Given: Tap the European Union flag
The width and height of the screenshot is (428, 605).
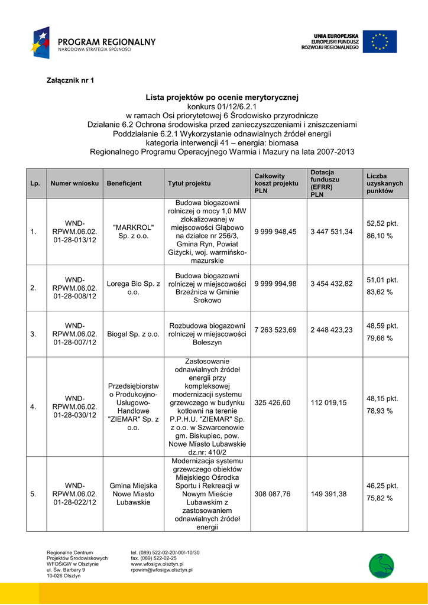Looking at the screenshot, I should point(380,41).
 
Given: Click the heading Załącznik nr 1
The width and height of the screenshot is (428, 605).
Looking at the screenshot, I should point(70,80).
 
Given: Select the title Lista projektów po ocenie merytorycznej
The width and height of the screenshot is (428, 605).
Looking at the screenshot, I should point(222,96).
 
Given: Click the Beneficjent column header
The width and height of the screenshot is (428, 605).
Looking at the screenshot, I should point(124,184).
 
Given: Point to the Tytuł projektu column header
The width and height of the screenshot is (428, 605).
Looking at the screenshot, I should point(189,184).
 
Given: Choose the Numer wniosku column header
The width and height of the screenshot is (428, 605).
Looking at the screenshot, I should point(74,184).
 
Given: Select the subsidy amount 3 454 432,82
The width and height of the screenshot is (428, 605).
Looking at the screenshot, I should point(332,285).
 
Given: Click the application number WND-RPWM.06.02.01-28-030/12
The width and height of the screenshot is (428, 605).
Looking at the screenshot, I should point(74,406).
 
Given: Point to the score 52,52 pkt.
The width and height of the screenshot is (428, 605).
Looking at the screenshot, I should point(382,224).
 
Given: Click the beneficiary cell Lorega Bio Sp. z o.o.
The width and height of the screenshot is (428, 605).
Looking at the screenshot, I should point(133,288).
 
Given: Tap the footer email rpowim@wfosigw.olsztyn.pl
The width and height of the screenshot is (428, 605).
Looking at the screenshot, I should point(161,570).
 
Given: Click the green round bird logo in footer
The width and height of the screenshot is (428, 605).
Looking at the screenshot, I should point(381,565).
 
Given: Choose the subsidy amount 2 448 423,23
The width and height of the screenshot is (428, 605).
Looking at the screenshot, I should point(332,330).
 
